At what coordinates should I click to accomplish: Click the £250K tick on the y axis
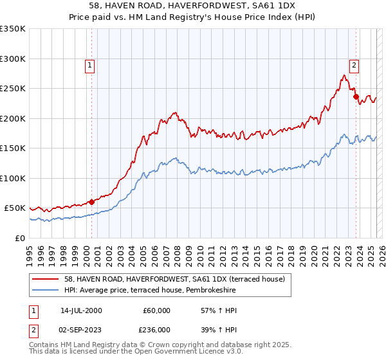[14, 89]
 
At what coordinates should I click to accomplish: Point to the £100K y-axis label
[14, 178]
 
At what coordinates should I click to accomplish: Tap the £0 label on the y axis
[21, 238]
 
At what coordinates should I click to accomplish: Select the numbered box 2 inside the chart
[354, 64]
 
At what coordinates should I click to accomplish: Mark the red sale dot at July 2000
[91, 202]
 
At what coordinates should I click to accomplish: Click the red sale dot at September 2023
[356, 97]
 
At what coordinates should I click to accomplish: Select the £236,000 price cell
[156, 329]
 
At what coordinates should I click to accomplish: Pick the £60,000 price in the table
[156, 310]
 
